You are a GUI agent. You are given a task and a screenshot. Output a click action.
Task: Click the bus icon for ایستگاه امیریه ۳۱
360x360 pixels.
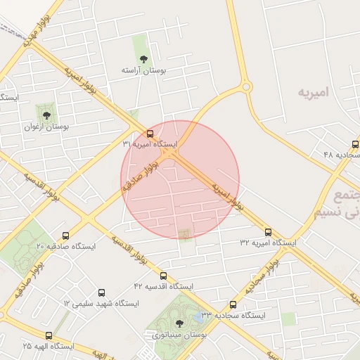coord(150,134)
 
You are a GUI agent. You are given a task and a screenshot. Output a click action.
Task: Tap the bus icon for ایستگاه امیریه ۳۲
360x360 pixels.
coord(268,232)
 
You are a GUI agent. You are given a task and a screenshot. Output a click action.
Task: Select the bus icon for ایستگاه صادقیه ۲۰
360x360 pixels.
coord(66,236)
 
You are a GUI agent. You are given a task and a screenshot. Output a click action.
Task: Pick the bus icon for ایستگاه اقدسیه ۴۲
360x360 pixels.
coord(164,276)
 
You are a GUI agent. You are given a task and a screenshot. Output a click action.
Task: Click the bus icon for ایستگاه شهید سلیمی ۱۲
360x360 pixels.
coord(102,292)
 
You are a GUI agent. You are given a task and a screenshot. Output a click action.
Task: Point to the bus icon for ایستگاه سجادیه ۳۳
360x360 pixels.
coord(233,304)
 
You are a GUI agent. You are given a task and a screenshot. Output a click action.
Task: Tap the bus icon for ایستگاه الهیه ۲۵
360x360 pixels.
coord(49,336)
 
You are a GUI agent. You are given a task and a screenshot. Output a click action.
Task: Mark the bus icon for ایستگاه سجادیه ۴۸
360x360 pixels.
coord(355,143)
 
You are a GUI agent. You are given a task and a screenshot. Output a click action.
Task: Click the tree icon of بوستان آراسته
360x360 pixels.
coord(143,59)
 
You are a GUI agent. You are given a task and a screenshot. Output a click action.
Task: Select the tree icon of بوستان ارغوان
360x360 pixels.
coord(46,115)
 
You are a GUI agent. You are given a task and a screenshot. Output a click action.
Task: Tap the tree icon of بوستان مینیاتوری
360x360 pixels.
coord(179,323)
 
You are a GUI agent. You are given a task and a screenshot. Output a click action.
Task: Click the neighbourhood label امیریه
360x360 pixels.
coord(314,92)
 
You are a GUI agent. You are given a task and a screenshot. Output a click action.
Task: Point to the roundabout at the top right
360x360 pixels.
coord(246,87)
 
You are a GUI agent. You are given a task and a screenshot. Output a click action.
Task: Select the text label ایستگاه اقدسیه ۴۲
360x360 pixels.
coord(162,287)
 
